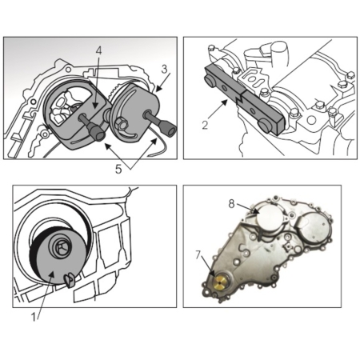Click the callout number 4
[x=98, y=51]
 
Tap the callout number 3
[x=165, y=69]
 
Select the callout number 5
[x=118, y=169]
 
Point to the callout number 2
[x=205, y=125]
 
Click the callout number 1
[x=34, y=317]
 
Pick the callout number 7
[x=198, y=255]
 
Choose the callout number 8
[x=231, y=204]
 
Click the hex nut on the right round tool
[x=122, y=124]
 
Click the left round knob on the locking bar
[x=210, y=81]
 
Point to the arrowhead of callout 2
[x=226, y=102]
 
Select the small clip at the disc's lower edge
[x=69, y=282]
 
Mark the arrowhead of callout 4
[x=97, y=106]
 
